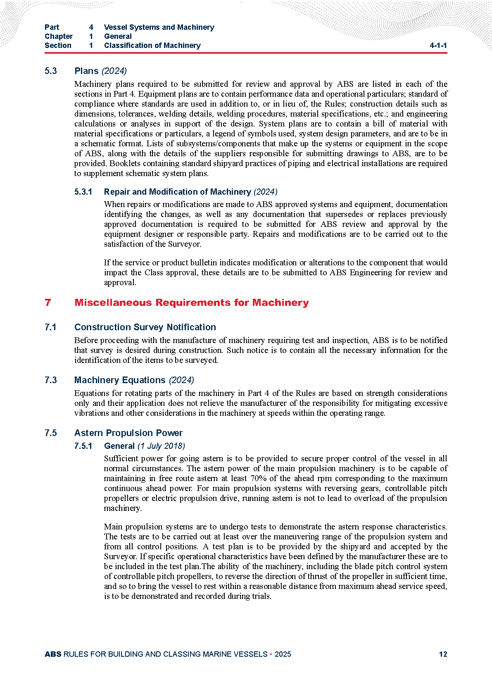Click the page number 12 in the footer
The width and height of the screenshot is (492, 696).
(443, 654)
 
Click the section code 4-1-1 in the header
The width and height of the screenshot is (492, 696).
(438, 45)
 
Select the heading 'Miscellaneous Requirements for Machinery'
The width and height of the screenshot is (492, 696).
(191, 303)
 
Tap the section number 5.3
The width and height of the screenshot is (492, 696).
(51, 71)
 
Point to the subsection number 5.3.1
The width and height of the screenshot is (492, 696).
(83, 192)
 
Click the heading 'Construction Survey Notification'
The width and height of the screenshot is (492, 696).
(145, 327)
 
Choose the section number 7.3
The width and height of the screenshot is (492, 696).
(51, 380)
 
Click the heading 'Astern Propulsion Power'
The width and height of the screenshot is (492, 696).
(128, 433)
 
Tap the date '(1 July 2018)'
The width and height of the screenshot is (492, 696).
(161, 446)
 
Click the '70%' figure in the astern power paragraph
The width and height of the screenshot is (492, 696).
(259, 478)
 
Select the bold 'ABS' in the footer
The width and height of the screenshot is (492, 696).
(53, 654)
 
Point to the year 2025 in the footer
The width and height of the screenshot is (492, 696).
(283, 654)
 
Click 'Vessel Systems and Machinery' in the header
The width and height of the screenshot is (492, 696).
(159, 27)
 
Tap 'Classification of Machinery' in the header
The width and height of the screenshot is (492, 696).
(152, 45)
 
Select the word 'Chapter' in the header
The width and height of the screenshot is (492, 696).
(59, 36)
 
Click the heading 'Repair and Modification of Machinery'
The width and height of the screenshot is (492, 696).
(177, 192)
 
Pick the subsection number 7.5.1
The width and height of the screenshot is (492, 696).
(83, 446)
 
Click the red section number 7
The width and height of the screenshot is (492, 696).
(48, 303)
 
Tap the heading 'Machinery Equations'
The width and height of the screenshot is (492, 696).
(120, 380)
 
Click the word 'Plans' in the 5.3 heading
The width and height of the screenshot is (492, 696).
(86, 71)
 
